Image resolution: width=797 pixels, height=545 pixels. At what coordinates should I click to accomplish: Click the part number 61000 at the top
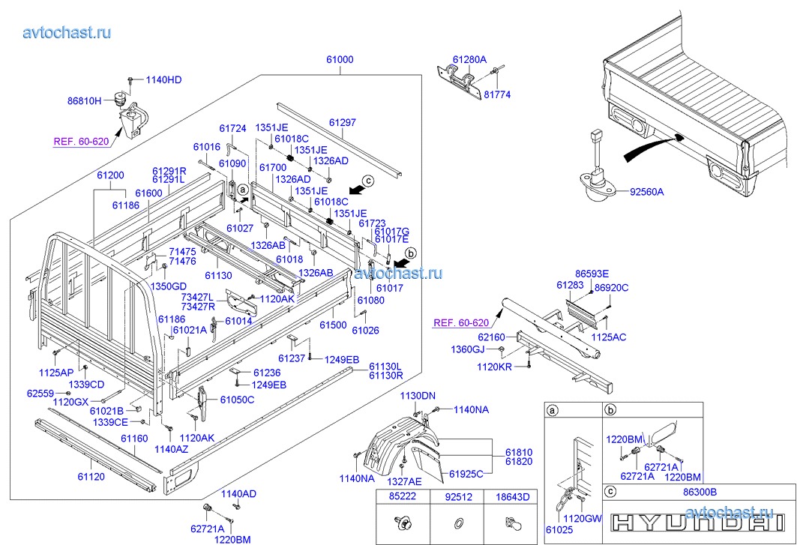tap(340, 59)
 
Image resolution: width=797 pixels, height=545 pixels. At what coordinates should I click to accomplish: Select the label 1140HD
tap(163, 79)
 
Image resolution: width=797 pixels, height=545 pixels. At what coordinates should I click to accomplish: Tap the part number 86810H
tap(84, 100)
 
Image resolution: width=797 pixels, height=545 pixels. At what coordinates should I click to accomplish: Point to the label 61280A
tap(469, 59)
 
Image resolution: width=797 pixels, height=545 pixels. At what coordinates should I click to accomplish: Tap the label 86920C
tap(611, 287)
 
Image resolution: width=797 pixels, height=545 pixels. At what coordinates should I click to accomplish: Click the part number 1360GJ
tap(488, 349)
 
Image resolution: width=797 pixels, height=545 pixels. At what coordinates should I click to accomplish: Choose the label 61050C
tap(238, 400)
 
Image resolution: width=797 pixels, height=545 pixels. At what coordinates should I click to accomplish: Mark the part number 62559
tap(40, 393)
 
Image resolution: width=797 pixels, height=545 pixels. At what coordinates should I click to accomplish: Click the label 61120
tap(91, 476)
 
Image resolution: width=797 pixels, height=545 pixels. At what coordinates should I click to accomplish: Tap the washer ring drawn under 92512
tap(458, 523)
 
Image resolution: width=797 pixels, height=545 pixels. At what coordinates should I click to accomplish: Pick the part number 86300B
tap(700, 492)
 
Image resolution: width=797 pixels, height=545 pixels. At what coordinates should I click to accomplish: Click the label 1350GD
tap(169, 286)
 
